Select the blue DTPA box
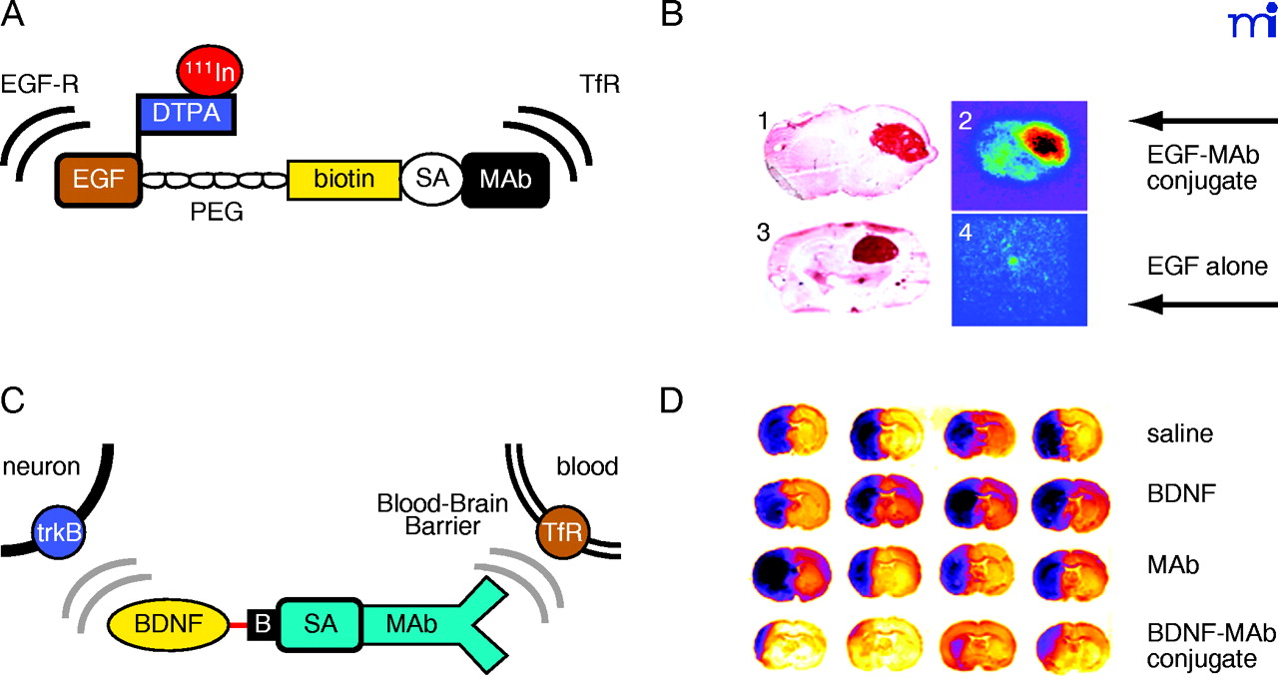coord(186,114)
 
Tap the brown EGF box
coord(98,179)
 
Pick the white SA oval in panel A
coord(432,180)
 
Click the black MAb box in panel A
coord(504,179)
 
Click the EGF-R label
coord(39,83)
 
